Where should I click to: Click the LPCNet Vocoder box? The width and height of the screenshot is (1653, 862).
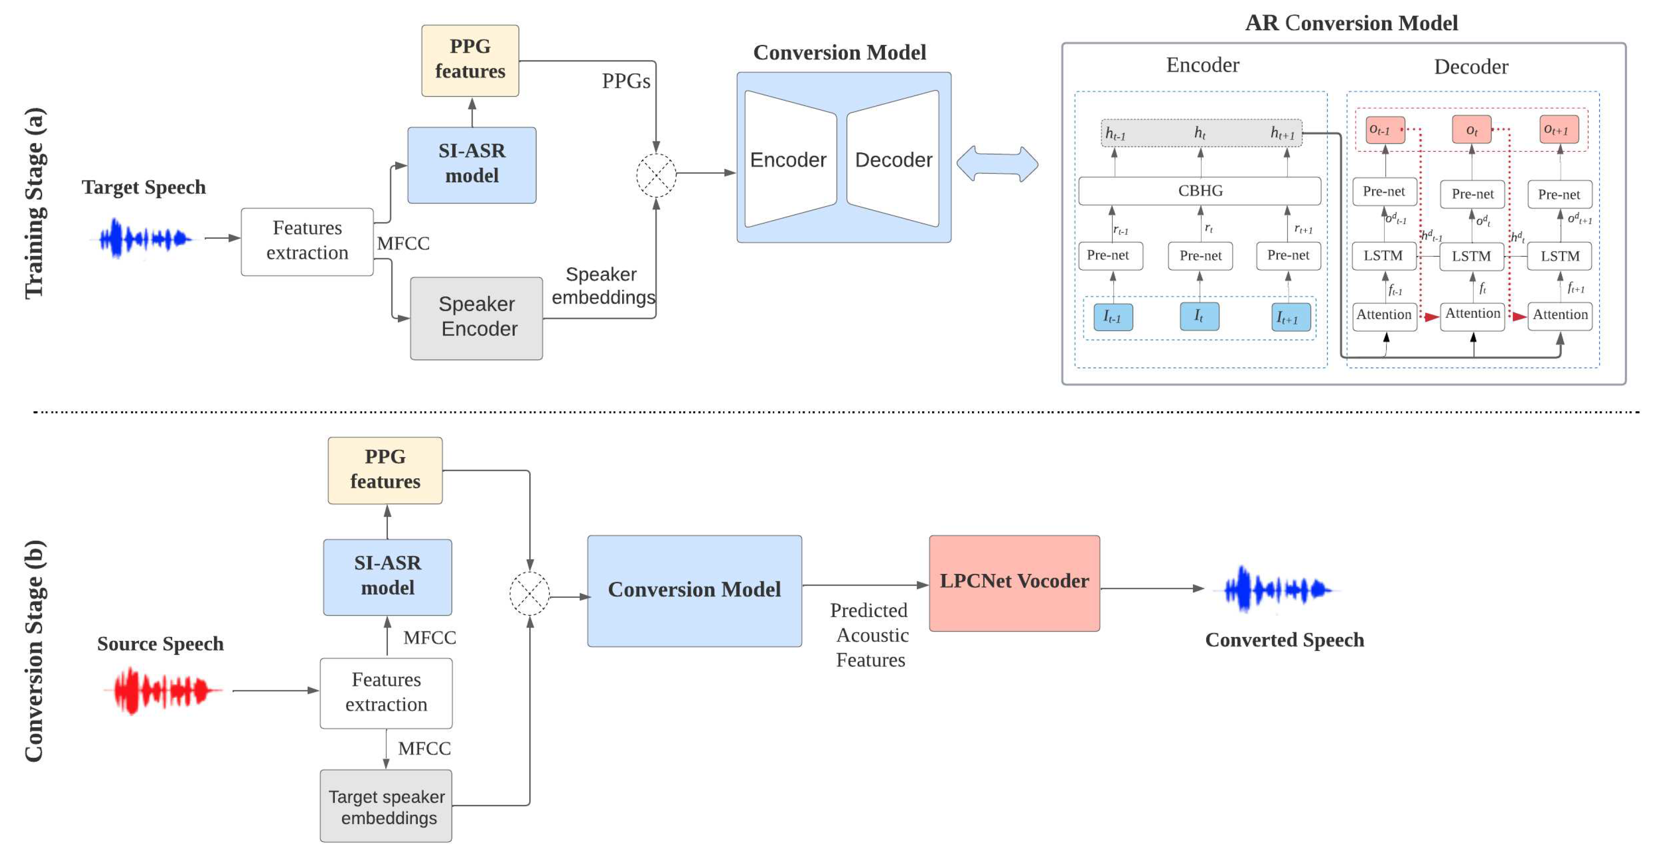(x=1014, y=583)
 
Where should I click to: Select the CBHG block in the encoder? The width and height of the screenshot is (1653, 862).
(x=1199, y=191)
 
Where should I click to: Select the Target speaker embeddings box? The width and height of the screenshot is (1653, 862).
(x=387, y=806)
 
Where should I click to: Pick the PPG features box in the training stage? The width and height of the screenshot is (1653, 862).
(x=470, y=60)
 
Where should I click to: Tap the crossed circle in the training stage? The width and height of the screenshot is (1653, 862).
(x=656, y=174)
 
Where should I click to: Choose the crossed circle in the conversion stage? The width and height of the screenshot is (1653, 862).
(x=529, y=594)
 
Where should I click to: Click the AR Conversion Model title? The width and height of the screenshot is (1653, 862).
(x=1351, y=23)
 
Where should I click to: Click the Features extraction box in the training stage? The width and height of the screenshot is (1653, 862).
(x=307, y=241)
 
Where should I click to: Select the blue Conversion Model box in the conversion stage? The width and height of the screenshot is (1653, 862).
(x=694, y=591)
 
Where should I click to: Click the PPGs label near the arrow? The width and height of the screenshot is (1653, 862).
(x=626, y=82)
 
